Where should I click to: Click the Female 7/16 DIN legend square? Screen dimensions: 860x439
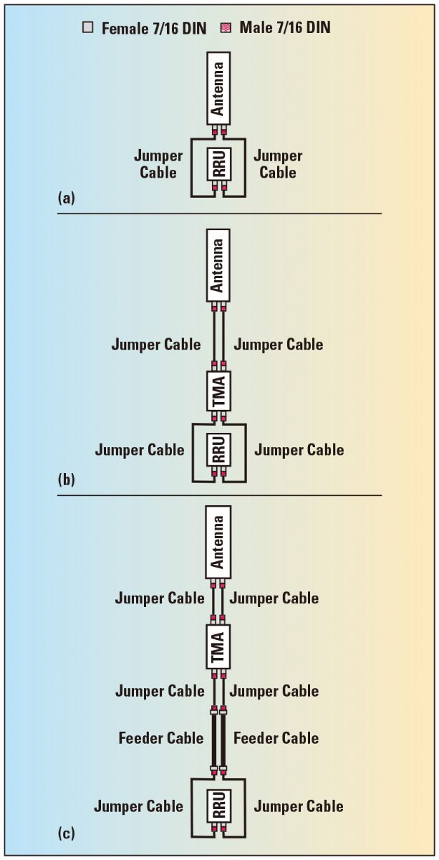pos(88,29)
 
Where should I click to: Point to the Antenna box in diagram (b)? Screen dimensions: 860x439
pos(218,264)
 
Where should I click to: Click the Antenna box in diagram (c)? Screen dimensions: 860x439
pos(218,541)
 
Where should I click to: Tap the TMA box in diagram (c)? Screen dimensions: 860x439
pos(218,646)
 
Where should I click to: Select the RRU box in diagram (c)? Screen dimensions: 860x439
pos(218,806)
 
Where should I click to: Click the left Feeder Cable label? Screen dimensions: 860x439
pos(161,738)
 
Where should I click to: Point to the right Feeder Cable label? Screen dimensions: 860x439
pos(276,738)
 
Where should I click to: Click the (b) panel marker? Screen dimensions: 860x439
pos(66,478)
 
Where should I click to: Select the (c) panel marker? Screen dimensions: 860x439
pos(66,833)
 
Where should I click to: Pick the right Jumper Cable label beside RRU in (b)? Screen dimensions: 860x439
pos(299,450)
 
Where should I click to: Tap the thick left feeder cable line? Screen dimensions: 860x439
pos(213,739)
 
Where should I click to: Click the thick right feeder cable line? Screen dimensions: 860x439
pos(223,739)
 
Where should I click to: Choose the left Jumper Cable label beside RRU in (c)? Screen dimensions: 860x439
pos(138,806)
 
